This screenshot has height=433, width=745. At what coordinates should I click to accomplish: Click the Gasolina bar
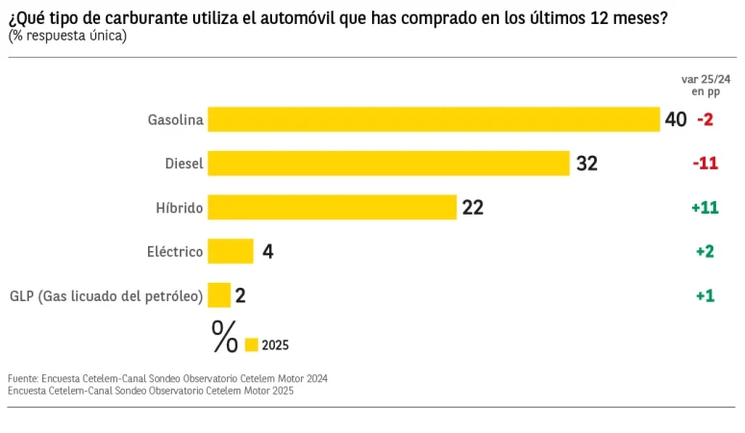coord(433,119)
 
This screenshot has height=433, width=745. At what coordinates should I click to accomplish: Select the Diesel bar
coord(388,164)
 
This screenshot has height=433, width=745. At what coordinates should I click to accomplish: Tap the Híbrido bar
coord(332,207)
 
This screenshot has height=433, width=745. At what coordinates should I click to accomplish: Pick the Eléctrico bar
coord(231,251)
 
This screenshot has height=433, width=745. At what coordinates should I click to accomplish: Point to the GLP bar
coord(219,295)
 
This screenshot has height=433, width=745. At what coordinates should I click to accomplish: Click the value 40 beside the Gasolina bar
coord(675,119)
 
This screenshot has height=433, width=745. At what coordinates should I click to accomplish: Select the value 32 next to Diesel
coord(586,164)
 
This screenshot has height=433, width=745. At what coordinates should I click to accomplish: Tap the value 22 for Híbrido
coord(472,207)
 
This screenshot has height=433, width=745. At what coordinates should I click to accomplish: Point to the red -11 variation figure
coord(705,164)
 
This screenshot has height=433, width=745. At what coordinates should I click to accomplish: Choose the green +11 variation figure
coord(705,207)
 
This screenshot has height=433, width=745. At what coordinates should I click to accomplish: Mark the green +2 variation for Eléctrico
coord(705,251)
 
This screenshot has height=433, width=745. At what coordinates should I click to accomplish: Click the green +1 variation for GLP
coord(705,295)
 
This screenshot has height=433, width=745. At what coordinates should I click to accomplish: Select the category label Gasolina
coord(175,120)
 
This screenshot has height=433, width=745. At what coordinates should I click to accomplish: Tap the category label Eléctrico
coord(174,252)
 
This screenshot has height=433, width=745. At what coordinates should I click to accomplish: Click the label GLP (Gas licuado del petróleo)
coord(106,296)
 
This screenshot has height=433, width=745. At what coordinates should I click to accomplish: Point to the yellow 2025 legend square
coord(252,344)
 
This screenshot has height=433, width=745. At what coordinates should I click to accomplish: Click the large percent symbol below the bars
coord(224,337)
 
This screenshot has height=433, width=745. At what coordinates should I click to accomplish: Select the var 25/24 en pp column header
coord(706,85)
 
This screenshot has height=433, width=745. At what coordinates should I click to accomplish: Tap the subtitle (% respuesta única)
coord(67,36)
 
